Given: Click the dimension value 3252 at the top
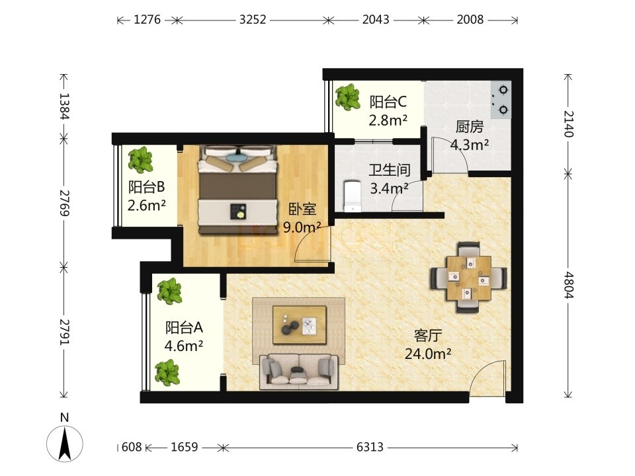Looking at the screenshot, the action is [x=252, y=19].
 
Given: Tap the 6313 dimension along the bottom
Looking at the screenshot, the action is [x=370, y=447].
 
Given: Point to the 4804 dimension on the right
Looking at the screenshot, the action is [x=569, y=285].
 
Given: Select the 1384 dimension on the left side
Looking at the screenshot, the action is [x=64, y=106].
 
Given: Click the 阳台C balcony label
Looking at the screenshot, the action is [x=388, y=102].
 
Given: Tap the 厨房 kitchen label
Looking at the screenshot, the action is [x=470, y=127].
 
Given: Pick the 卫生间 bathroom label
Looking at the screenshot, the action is [x=389, y=170].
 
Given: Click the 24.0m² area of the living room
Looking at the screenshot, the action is [x=428, y=354].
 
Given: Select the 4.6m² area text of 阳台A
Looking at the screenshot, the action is [x=184, y=346].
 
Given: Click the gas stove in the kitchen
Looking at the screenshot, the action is [x=501, y=100].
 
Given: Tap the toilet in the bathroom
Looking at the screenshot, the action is [x=352, y=196].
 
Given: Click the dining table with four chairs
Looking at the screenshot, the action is [x=468, y=278].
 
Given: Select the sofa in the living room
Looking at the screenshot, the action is [x=299, y=372].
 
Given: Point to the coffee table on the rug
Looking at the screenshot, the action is [x=299, y=325].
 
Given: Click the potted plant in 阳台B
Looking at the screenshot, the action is [x=140, y=159].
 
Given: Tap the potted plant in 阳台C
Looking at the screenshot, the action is [x=347, y=97].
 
